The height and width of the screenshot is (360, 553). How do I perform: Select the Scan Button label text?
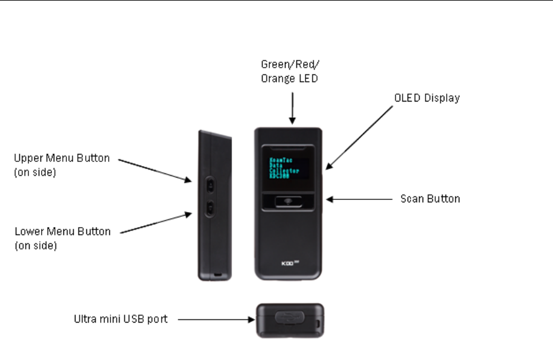430,199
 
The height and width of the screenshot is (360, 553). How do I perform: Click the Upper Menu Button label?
62,164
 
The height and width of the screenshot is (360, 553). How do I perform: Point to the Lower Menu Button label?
62,237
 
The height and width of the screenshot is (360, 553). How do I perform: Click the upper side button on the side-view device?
210,182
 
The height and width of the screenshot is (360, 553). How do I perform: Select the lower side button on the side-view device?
210,208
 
